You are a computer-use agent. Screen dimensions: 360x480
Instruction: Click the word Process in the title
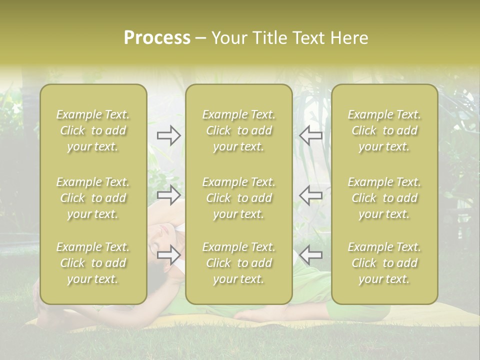[157, 38]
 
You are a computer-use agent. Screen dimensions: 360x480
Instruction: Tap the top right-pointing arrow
[169, 135]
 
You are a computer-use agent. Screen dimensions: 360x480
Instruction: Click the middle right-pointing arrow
[169, 195]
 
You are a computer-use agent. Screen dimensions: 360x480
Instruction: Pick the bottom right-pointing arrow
[169, 254]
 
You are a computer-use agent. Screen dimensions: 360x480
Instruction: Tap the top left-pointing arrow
[310, 135]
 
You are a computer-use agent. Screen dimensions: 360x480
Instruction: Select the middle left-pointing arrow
[310, 195]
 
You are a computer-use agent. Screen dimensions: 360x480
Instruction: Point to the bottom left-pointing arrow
[310, 254]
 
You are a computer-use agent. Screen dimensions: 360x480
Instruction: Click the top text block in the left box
[93, 130]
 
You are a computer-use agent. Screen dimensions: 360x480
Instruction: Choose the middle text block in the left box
[93, 198]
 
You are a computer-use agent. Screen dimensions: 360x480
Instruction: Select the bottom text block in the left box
[93, 263]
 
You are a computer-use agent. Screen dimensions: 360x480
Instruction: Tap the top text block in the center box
[239, 130]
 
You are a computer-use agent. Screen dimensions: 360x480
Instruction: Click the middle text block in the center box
[239, 198]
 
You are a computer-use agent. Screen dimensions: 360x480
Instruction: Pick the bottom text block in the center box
[239, 263]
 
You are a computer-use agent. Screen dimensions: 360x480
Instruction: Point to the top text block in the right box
[384, 130]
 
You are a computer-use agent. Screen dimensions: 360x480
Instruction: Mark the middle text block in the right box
[384, 198]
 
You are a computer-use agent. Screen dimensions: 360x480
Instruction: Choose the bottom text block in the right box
[384, 263]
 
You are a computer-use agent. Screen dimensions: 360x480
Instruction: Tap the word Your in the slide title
[229, 38]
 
